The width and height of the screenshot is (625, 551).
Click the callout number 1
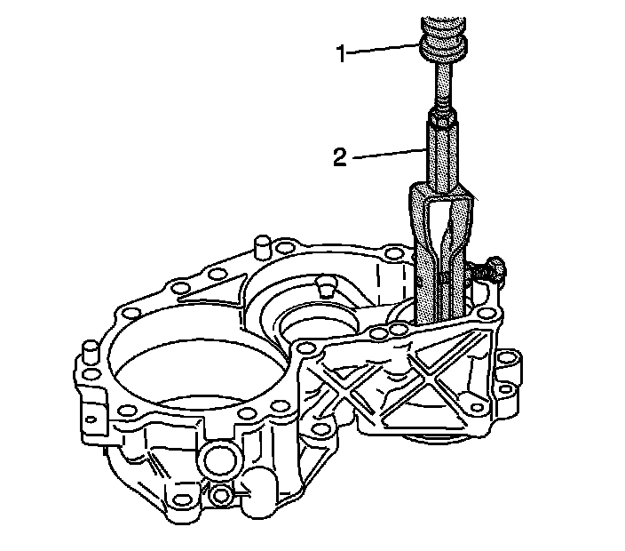[339, 53]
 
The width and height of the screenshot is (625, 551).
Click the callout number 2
[339, 158]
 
